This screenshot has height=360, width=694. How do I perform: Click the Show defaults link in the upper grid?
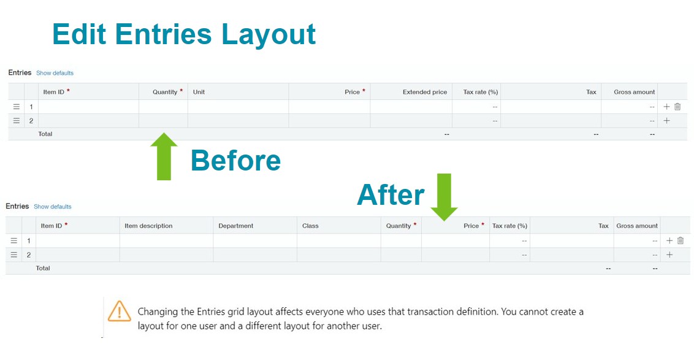[x=55, y=73]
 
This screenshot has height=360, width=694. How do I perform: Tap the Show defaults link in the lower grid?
[x=53, y=207]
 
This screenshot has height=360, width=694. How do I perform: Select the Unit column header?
[x=199, y=92]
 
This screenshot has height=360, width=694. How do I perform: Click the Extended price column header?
[x=425, y=92]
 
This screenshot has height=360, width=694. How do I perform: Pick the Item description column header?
[x=149, y=226]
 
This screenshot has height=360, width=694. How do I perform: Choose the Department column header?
[x=236, y=226]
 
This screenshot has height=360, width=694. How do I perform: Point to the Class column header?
[x=310, y=226]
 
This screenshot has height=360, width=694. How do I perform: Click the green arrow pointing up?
[x=164, y=156]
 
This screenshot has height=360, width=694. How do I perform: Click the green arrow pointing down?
[x=444, y=197]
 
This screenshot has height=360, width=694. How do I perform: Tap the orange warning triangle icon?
[x=119, y=312]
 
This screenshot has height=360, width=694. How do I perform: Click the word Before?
[x=236, y=160]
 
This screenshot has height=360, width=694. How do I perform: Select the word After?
[x=391, y=195]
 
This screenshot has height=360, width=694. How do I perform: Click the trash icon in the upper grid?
[x=677, y=107]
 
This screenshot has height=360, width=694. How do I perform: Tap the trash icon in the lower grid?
[x=681, y=240]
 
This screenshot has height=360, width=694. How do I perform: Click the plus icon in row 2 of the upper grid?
[x=666, y=120]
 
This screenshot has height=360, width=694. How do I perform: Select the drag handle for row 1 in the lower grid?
[x=14, y=240]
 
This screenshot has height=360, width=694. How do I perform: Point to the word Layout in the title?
[x=268, y=34]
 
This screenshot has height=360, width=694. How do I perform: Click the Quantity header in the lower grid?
[x=398, y=226]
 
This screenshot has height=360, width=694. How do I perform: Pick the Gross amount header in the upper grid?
[x=635, y=92]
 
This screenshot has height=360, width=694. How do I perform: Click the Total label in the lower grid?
[x=43, y=268]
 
